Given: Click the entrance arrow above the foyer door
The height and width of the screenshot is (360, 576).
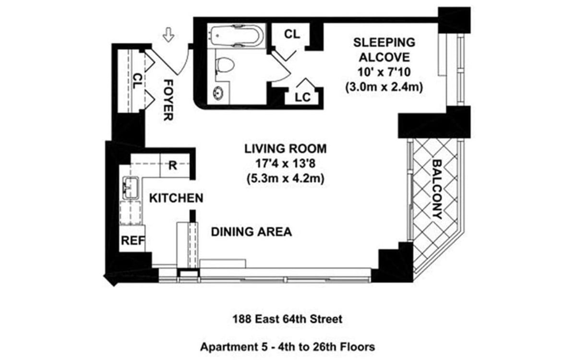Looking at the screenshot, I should [168, 35].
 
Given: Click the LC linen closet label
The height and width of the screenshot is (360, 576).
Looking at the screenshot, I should [303, 97].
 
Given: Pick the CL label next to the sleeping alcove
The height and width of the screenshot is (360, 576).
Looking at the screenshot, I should [292, 34].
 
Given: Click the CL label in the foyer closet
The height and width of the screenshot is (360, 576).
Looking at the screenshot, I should [137, 81].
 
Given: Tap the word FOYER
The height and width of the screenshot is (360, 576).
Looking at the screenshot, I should [168, 100].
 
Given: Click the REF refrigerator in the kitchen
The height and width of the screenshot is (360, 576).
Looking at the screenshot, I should [132, 241].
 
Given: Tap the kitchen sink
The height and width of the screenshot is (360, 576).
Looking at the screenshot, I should [131, 187].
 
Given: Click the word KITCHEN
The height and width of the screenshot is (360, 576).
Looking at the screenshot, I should [175, 198].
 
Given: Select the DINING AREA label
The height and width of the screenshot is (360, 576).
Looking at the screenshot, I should [251, 232].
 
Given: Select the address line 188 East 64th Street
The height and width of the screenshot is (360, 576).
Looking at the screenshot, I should [288, 319].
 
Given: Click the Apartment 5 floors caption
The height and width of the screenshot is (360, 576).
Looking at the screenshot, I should [288, 346].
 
